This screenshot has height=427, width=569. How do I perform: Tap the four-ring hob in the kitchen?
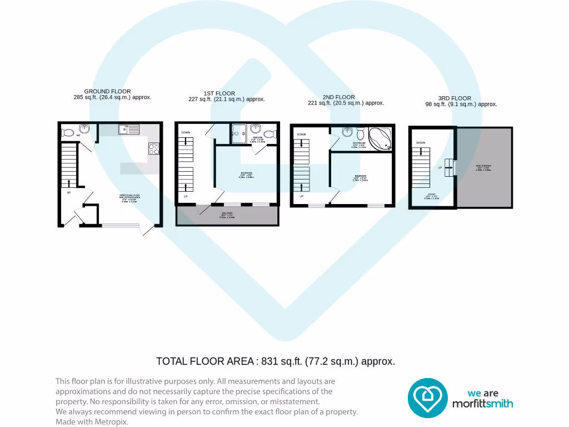tap(153, 148)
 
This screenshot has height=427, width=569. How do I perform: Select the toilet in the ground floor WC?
tap(67, 132)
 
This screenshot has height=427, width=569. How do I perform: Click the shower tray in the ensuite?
tap(239, 133)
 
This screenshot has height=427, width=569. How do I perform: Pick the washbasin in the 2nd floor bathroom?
tap(348, 132)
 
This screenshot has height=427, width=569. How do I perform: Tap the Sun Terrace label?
tap(483, 168)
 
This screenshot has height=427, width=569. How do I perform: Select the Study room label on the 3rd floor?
tap(432, 195)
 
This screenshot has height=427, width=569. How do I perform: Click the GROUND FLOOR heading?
tap(107, 91)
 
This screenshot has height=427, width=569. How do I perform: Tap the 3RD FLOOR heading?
tap(455, 98)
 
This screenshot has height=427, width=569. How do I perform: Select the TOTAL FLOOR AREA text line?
tap(276, 361)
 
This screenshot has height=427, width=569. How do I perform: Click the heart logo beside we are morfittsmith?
tap(427, 398)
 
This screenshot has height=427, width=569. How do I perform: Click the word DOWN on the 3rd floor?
tap(421, 143)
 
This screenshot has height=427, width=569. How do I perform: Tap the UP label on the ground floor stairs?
tap(69, 192)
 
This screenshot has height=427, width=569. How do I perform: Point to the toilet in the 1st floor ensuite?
tap(269, 134)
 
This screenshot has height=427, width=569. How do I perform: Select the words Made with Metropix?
tap(92, 421)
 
